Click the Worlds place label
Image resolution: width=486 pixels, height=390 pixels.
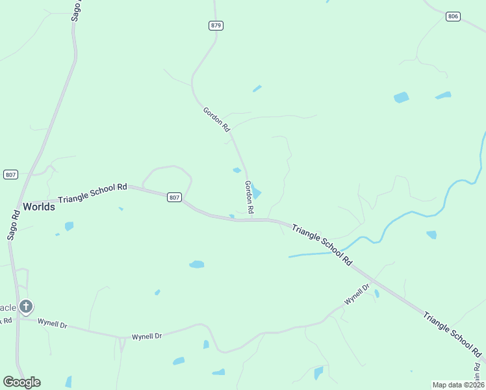[x=39, y=207]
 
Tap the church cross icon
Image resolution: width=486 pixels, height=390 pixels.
[x=25, y=305]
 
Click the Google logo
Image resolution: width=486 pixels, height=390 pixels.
[x=21, y=382]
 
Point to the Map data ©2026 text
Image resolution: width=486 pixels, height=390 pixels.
[x=458, y=385]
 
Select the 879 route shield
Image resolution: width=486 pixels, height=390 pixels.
[x=216, y=25]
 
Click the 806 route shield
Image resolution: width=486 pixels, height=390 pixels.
[x=454, y=16]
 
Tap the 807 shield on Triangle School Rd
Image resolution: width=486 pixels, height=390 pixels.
[x=173, y=197]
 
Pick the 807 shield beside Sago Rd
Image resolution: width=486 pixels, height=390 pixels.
[x=10, y=174]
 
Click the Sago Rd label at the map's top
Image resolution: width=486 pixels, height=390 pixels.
[x=77, y=11]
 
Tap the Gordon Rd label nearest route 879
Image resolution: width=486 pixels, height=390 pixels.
[x=216, y=120]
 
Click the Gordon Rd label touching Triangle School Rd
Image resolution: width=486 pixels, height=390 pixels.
[x=249, y=198]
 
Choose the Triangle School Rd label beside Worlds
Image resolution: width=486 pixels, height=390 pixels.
[x=92, y=193]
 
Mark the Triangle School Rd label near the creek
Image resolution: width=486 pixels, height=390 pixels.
[x=322, y=246]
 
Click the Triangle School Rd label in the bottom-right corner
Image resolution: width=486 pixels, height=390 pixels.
[x=452, y=335]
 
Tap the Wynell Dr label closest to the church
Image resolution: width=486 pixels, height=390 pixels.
[x=52, y=322]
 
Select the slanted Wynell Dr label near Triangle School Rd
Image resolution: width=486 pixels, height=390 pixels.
[x=357, y=294]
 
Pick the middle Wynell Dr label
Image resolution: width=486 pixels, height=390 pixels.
[x=146, y=336]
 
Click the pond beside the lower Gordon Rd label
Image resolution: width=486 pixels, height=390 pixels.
[x=257, y=192]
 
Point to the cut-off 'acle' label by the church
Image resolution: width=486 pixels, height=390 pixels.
[x=8, y=307]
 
